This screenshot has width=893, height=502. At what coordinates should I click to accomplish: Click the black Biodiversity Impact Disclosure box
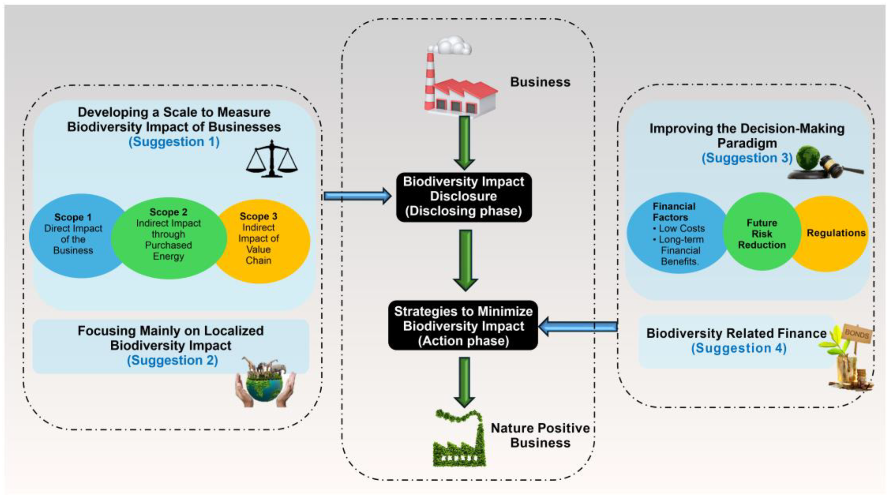pyautogui.click(x=463, y=197)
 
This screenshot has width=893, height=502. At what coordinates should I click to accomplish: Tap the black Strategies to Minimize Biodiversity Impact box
pyautogui.click(x=463, y=326)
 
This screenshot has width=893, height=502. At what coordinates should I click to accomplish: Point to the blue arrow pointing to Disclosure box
pyautogui.click(x=357, y=196)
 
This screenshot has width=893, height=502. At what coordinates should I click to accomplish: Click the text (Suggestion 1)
pyautogui.click(x=174, y=142)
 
